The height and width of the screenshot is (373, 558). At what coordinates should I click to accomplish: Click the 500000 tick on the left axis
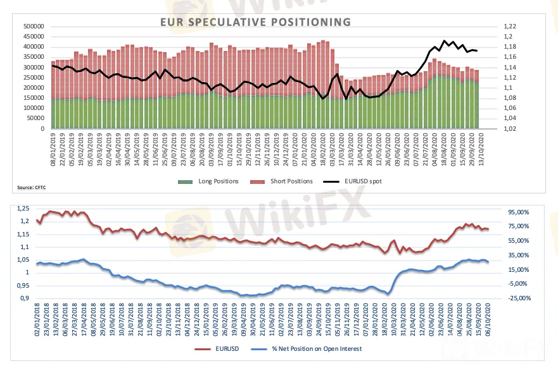click(33, 27)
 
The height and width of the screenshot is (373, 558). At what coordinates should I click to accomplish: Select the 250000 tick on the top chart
click(33, 77)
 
